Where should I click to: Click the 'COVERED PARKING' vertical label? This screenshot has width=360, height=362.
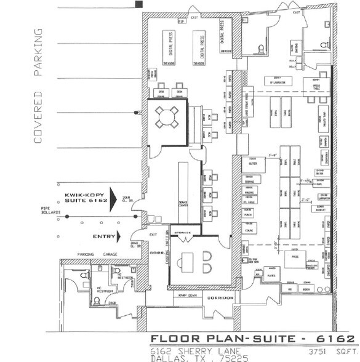[38, 86]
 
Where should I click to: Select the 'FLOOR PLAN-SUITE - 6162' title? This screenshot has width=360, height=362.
[252, 339]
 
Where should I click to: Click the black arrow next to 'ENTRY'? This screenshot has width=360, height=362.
[124, 236]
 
